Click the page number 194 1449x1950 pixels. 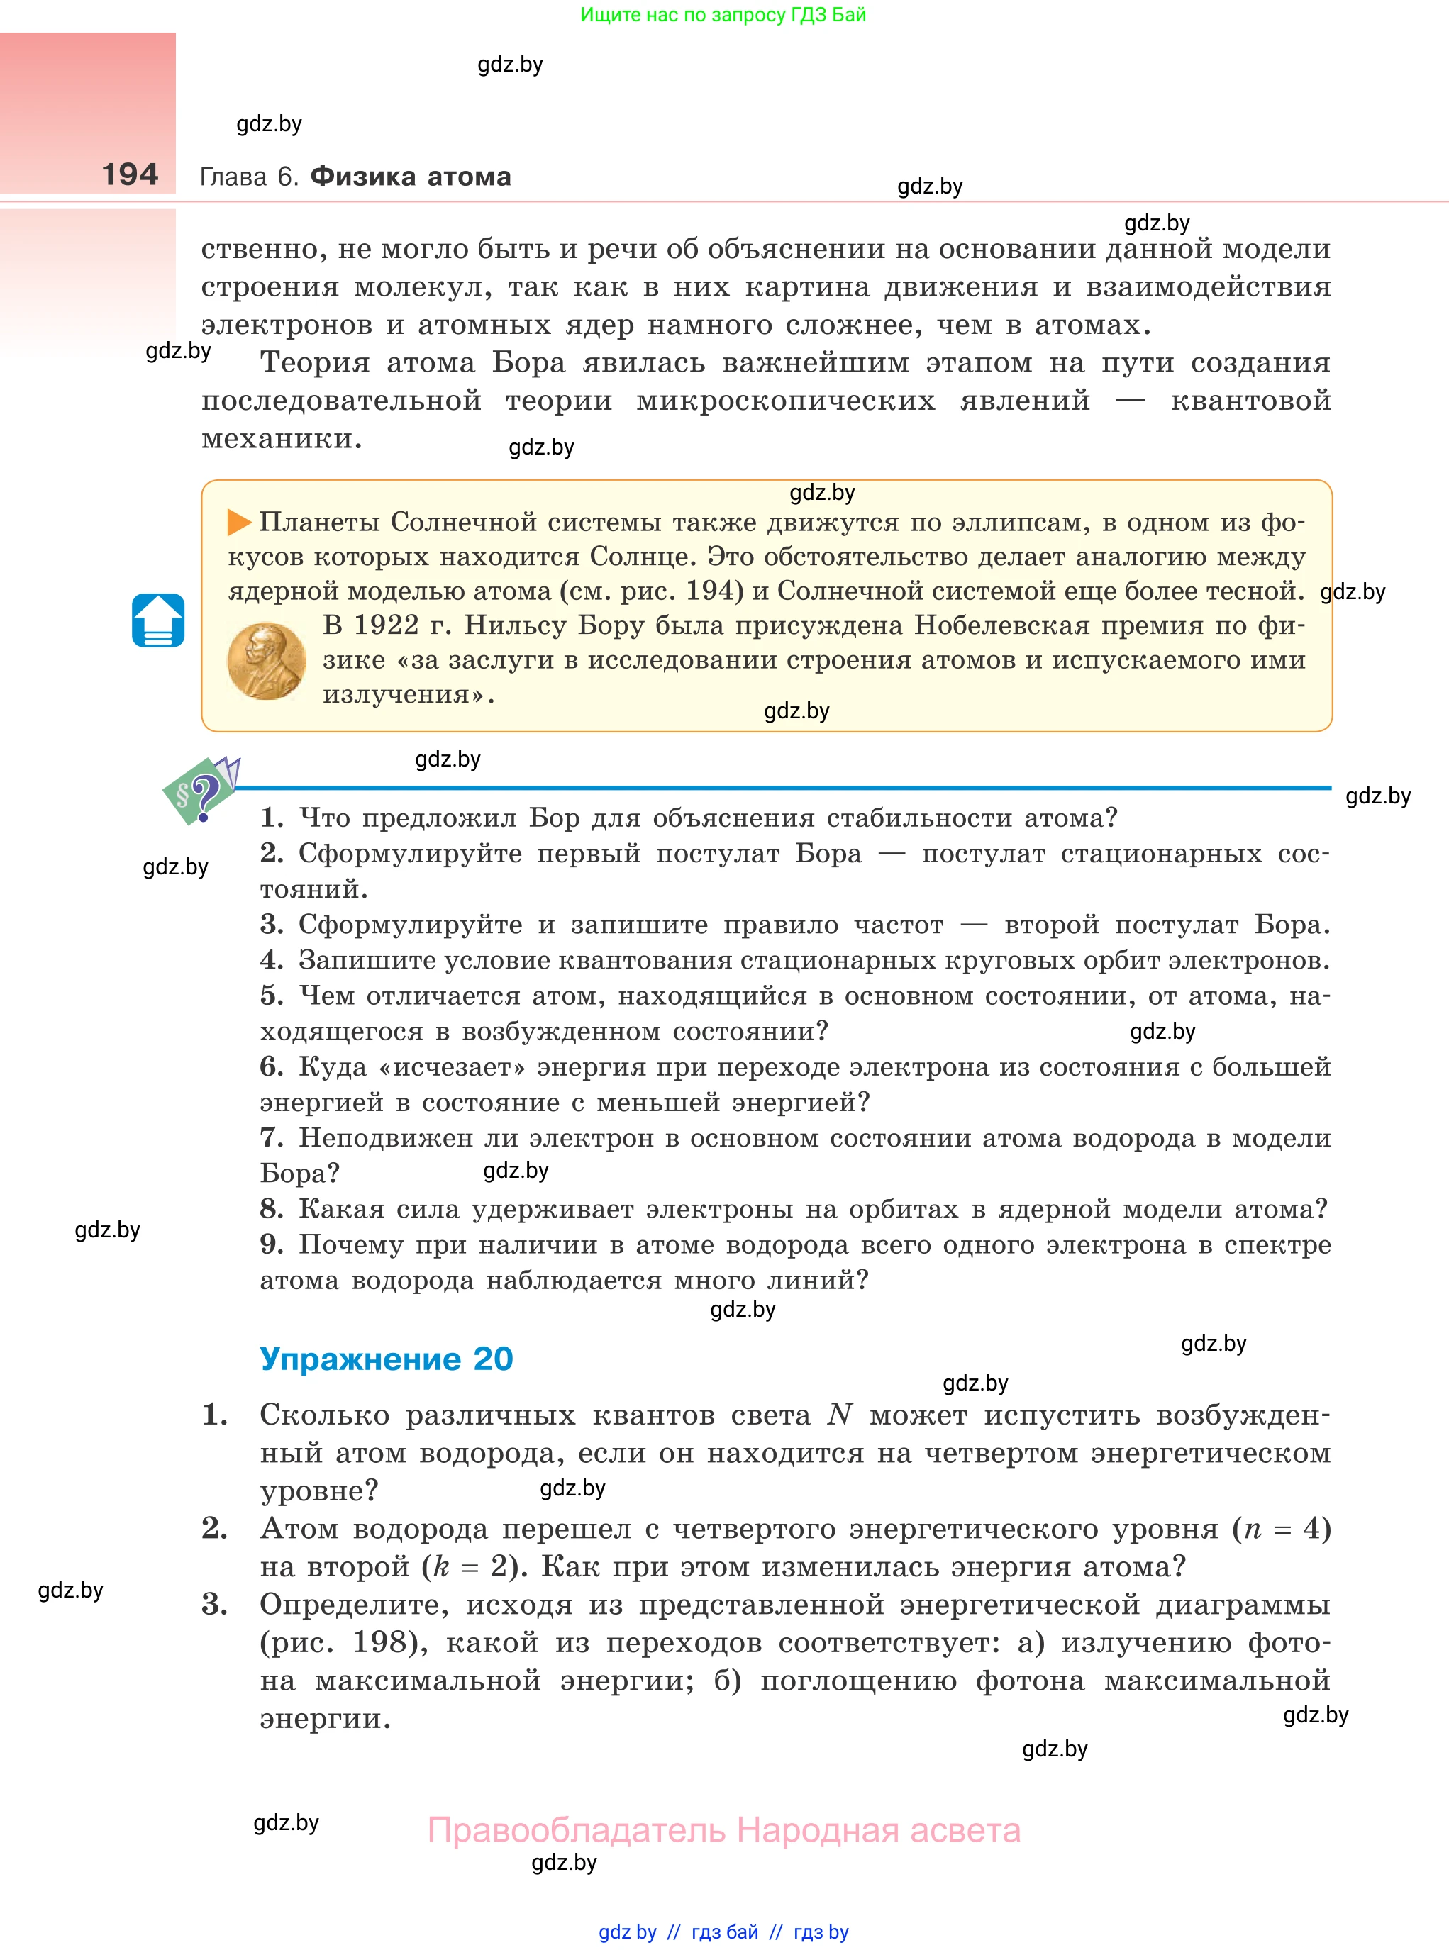click(130, 174)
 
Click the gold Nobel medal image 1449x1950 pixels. click(266, 661)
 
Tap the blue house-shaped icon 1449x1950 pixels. click(158, 620)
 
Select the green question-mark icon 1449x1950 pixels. click(200, 793)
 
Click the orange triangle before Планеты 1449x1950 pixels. click(238, 523)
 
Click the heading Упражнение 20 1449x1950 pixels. click(386, 1359)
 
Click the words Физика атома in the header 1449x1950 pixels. click(411, 177)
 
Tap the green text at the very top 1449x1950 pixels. click(723, 15)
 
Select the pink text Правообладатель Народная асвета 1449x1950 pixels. click(723, 1830)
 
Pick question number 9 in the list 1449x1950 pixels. click(271, 1244)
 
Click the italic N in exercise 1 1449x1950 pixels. click(840, 1415)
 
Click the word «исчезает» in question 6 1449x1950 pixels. click(452, 1067)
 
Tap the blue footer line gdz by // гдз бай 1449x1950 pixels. click(723, 1932)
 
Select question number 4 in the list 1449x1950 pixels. click(271, 960)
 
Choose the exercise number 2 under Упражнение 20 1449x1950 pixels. click(214, 1528)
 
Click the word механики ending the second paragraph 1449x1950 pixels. click(281, 438)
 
